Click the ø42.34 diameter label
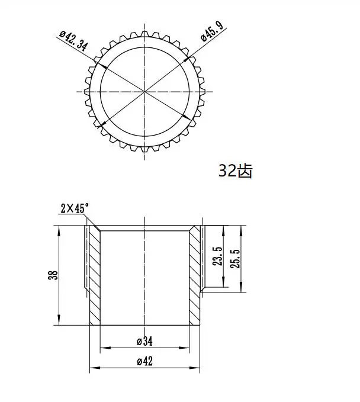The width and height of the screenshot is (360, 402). point(73,43)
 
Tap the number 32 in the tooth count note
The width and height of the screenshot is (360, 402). point(227,171)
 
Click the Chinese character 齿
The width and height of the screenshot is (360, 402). point(244,171)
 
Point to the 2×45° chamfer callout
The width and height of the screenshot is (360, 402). point(75,208)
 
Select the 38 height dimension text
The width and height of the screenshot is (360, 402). point(54,275)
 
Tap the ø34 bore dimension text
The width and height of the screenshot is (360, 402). point(144,342)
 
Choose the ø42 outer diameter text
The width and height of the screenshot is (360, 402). point(144,361)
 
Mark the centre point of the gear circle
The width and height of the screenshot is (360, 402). point(145,91)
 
